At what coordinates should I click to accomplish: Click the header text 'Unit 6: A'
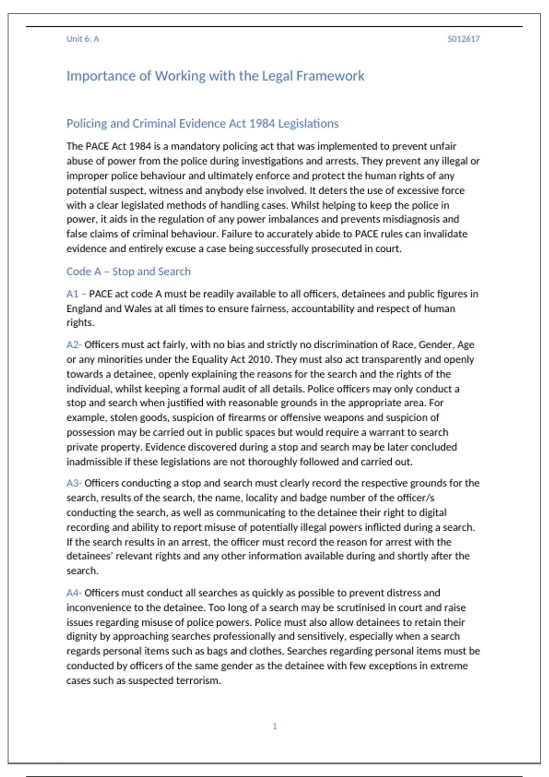click(82, 39)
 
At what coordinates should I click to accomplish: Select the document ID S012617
click(463, 39)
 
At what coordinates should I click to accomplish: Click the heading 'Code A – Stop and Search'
click(128, 271)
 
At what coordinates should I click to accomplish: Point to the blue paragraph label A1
click(72, 294)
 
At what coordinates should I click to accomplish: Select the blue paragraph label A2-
click(74, 345)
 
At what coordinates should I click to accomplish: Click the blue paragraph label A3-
click(74, 483)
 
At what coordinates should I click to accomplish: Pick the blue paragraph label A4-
click(74, 593)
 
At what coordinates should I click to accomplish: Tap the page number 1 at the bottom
click(274, 726)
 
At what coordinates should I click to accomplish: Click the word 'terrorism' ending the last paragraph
click(198, 681)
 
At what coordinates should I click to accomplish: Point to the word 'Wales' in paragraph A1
click(138, 309)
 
